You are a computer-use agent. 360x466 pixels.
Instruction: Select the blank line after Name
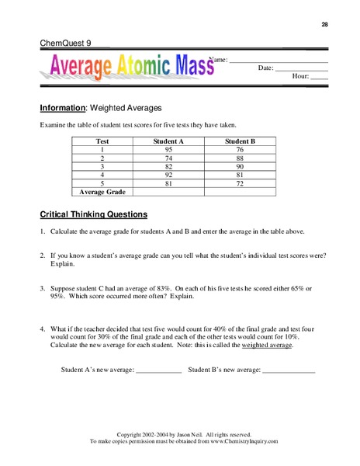(x=279, y=61)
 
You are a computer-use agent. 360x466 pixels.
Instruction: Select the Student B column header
(x=240, y=142)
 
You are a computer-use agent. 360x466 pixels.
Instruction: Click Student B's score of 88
(x=240, y=158)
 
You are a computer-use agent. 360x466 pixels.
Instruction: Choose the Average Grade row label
(x=102, y=191)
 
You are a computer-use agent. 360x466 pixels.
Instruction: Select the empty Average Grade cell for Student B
(x=240, y=191)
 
